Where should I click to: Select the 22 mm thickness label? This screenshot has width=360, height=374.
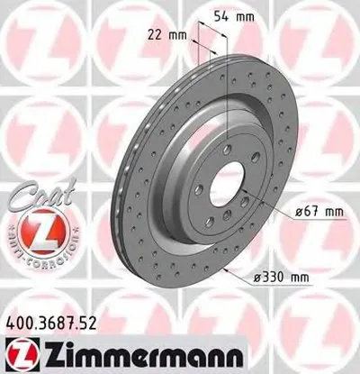coord(172,35)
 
